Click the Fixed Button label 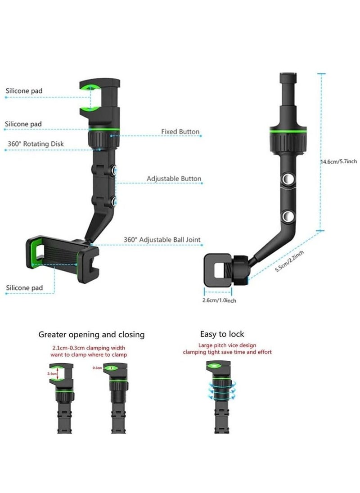click(x=180, y=132)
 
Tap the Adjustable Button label click(x=174, y=179)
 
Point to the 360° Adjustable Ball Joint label click(x=162, y=240)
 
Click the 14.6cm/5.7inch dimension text click(x=338, y=161)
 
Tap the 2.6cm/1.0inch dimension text click(x=219, y=300)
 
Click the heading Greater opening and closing click(x=91, y=334)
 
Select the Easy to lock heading click(x=222, y=334)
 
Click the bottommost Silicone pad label click(x=24, y=287)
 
